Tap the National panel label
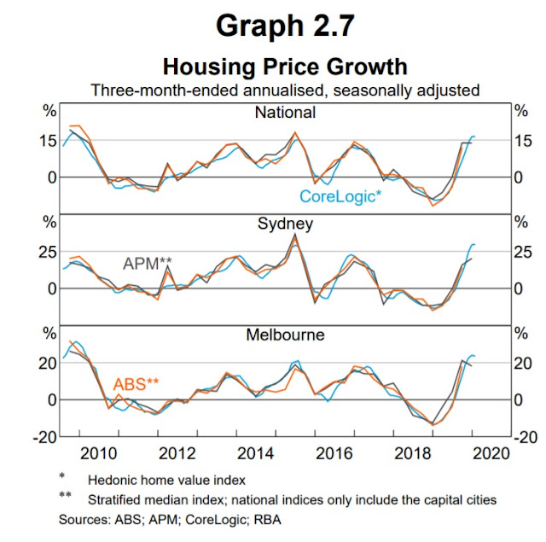pos(285,113)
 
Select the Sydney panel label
pos(285,224)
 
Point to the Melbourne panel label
pos(285,335)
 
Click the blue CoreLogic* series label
pos(340,196)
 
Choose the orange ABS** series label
pos(136,384)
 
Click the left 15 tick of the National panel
pos(48,142)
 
